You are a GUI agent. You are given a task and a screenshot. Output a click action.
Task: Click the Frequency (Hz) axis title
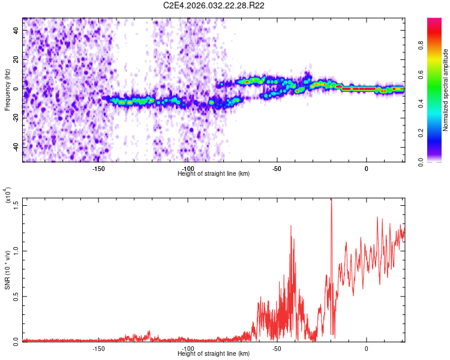click(7, 90)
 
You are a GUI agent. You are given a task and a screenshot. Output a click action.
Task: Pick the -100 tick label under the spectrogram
click(187, 169)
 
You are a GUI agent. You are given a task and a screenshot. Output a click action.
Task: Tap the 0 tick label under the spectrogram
click(366, 169)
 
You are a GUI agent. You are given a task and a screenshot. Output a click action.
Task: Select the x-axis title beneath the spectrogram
click(214, 174)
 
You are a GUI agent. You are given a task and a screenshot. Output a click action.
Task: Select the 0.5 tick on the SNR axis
click(16, 296)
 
